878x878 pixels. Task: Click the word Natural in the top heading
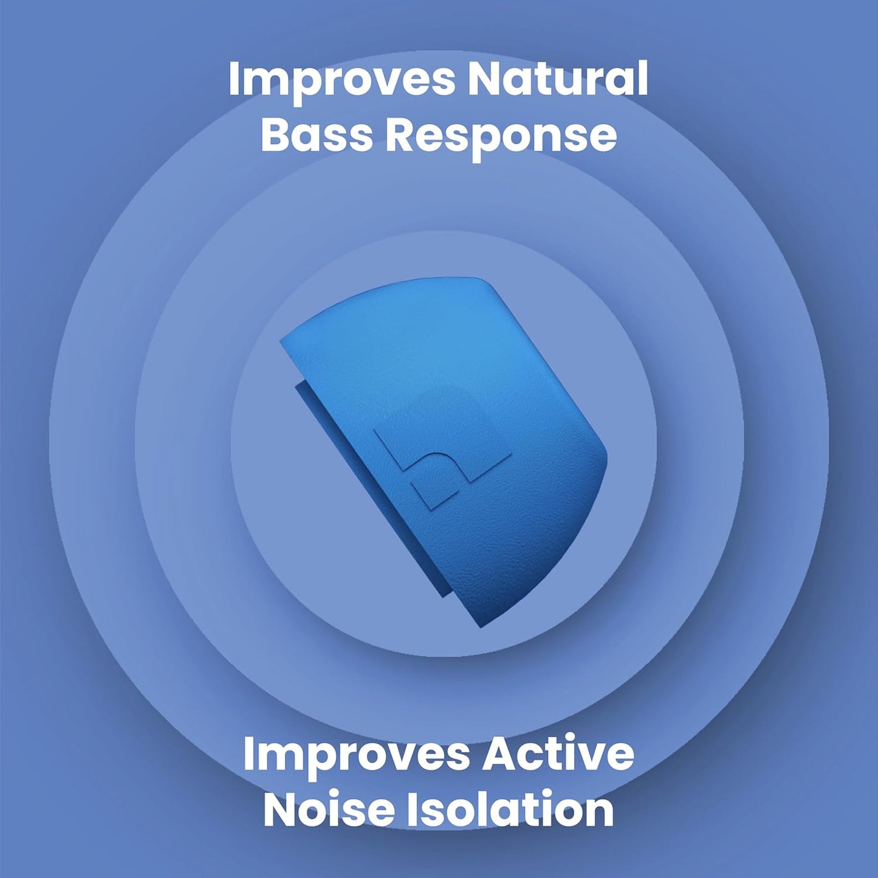click(x=557, y=79)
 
